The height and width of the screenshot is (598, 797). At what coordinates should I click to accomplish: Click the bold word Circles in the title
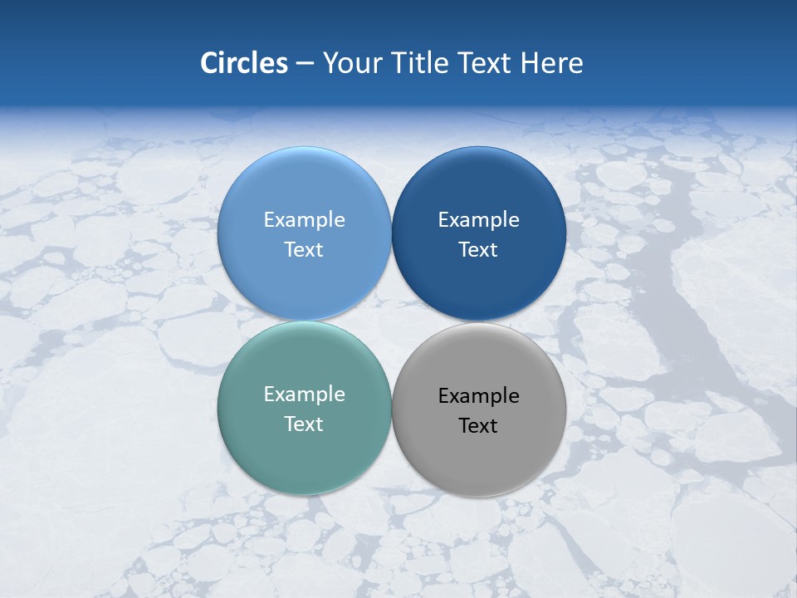coord(244,63)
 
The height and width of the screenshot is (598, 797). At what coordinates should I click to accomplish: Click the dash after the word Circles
coord(305,64)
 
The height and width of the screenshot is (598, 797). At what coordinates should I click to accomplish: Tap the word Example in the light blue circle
coord(304,219)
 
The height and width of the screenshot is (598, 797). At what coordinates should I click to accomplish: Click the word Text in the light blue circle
coord(304,249)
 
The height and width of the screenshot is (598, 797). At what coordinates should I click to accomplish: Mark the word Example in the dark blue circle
coord(478,219)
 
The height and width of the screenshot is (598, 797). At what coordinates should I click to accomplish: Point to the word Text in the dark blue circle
coord(478,249)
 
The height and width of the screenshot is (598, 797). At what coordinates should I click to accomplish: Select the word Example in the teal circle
coord(304,394)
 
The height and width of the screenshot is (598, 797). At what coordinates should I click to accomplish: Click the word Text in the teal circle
coord(304,424)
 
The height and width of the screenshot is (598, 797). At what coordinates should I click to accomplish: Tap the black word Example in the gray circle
coord(478,395)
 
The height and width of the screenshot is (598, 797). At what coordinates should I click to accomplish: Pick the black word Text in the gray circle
coord(478,425)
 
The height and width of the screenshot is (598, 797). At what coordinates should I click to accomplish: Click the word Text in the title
coord(485,63)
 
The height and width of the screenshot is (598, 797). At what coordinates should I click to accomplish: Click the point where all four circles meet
coord(392,321)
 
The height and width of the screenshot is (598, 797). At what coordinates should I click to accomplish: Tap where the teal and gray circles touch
coord(392,408)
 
